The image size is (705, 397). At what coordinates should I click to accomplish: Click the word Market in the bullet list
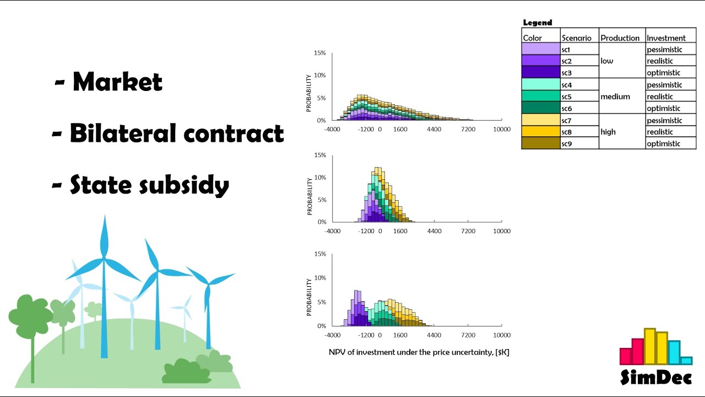(117, 82)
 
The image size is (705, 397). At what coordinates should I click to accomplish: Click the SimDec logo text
(655, 377)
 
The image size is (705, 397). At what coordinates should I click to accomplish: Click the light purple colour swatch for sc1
(540, 50)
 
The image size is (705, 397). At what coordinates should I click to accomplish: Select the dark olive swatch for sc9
(540, 143)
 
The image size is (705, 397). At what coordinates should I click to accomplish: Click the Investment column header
(666, 38)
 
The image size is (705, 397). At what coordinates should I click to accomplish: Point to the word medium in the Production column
(615, 96)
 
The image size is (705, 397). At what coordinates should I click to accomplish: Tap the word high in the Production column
(608, 132)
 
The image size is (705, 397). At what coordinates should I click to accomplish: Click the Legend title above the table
(537, 23)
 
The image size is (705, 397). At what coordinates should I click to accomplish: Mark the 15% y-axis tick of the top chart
(319, 53)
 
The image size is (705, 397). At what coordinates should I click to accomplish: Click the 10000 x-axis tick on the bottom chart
(501, 335)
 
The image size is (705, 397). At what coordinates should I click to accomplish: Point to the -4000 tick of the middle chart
(333, 231)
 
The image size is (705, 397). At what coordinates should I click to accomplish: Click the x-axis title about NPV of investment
(419, 352)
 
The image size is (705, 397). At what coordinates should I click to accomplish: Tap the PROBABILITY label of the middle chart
(310, 196)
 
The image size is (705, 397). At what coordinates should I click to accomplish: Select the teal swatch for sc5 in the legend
(540, 96)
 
